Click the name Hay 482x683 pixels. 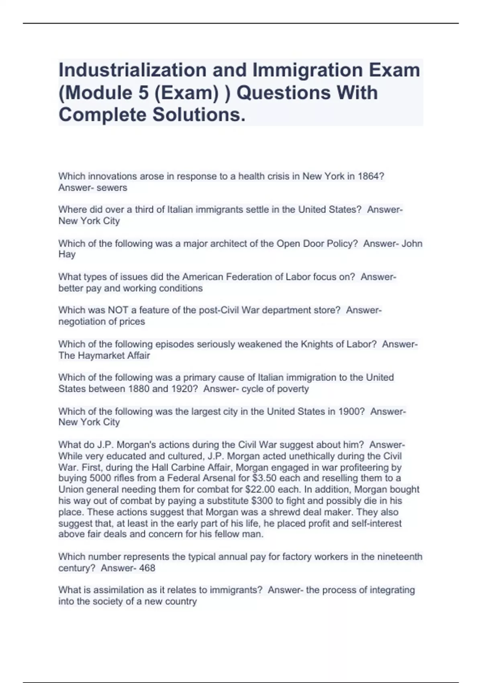coord(67,254)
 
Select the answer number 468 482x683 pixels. coord(147,568)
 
